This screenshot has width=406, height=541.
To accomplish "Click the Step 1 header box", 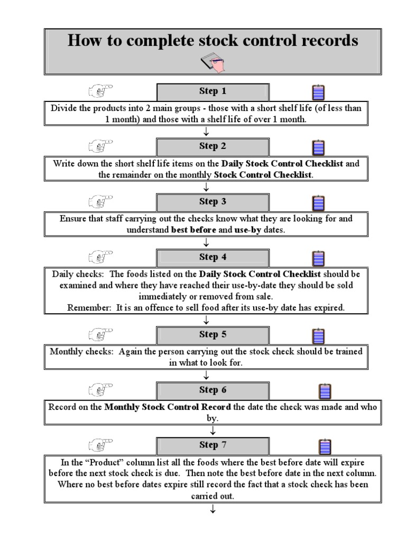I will click(213, 91).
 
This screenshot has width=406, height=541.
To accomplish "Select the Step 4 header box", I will click(213, 257).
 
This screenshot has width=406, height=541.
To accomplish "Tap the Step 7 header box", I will click(213, 445).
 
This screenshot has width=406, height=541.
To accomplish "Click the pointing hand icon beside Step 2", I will click(100, 146).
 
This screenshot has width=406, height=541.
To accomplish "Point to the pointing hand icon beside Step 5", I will click(100, 334).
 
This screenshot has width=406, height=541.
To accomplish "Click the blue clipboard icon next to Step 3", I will click(318, 203).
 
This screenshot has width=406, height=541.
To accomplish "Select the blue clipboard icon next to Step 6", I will click(325, 391).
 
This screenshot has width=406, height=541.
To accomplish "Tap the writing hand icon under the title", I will click(213, 63).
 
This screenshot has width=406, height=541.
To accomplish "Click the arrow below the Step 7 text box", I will click(213, 510).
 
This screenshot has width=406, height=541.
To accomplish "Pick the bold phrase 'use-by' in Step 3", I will click(247, 230).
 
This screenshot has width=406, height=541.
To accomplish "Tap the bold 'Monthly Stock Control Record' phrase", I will click(168, 407).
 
